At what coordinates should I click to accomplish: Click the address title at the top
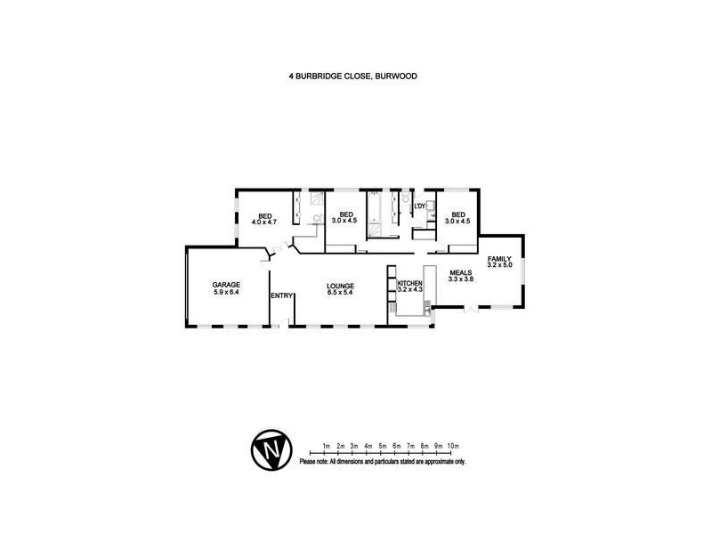[352, 77]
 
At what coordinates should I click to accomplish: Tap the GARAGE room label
[227, 285]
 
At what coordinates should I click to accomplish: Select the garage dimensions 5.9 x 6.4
[227, 292]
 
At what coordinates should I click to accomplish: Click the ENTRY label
[282, 296]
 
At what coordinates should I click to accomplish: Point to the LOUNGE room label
[340, 285]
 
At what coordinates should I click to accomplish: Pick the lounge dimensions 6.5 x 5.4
[340, 292]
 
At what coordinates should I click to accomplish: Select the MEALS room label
[460, 272]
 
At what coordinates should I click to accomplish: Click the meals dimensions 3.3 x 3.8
[460, 279]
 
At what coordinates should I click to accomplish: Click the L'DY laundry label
[421, 208]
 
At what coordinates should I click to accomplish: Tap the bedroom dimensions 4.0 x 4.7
[265, 221]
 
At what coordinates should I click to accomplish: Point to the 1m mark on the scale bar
[327, 445]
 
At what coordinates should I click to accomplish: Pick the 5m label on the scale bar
[382, 445]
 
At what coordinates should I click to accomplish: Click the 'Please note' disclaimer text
[383, 462]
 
